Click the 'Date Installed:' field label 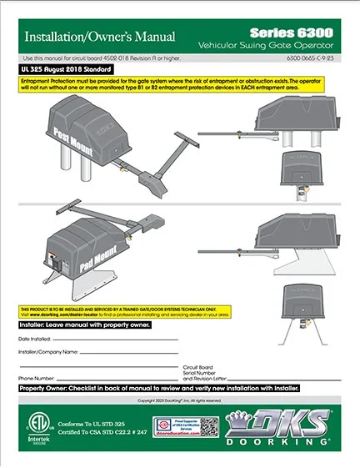(35, 340)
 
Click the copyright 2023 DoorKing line (179, 400)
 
